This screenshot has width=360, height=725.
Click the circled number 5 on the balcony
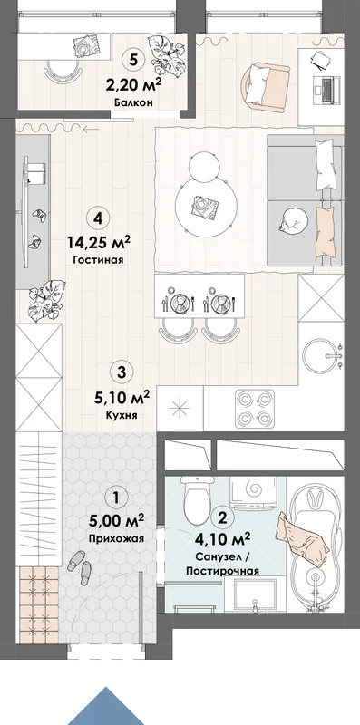coord(134,59)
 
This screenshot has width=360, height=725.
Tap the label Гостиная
coord(98,260)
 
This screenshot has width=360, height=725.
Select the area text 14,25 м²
coord(99,242)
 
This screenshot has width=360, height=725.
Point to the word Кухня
coord(121,415)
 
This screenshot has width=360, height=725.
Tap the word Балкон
coord(133,102)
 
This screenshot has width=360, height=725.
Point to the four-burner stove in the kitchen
coord(255,410)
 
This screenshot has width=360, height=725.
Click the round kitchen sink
coord(320,356)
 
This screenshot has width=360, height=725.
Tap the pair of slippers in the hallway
coord(81,567)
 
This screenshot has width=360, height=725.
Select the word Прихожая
coord(116,538)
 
